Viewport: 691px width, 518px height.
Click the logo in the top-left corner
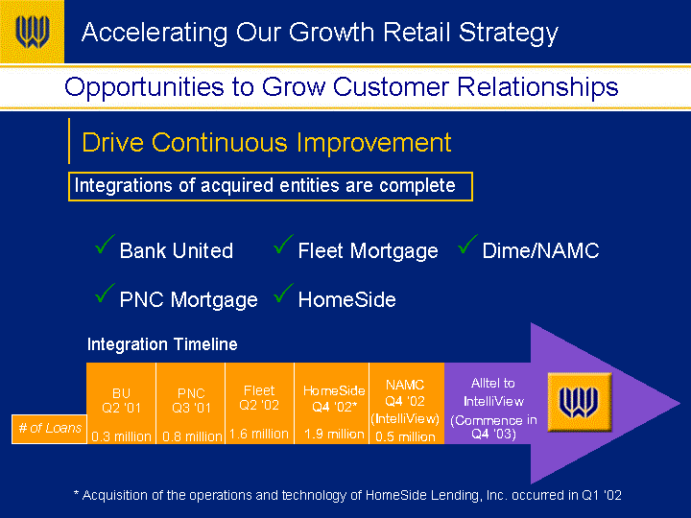point(33,32)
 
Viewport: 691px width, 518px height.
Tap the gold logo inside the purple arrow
point(579,402)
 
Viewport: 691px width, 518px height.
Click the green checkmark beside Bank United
point(105,245)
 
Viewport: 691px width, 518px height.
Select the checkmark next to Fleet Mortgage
point(283,245)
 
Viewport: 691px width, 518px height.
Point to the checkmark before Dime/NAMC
point(467,245)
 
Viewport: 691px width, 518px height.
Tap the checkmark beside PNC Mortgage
point(105,294)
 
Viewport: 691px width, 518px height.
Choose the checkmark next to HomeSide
point(283,294)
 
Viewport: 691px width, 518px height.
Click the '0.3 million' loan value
point(121,436)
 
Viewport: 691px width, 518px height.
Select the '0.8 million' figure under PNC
point(192,436)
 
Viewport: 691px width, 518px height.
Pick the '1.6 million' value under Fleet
point(259,434)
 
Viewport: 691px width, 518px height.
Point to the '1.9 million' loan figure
point(335,434)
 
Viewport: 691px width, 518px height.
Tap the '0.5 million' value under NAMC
point(405,436)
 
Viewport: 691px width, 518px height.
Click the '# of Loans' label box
point(49,429)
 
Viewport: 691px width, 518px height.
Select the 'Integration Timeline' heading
point(162,344)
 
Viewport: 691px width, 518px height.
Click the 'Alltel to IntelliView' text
point(493,392)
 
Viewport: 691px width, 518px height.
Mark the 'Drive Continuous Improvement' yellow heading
point(267,142)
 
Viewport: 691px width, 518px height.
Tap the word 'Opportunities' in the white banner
point(145,87)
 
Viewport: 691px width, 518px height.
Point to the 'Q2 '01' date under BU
point(121,408)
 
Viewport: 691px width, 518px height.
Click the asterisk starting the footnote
point(76,493)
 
